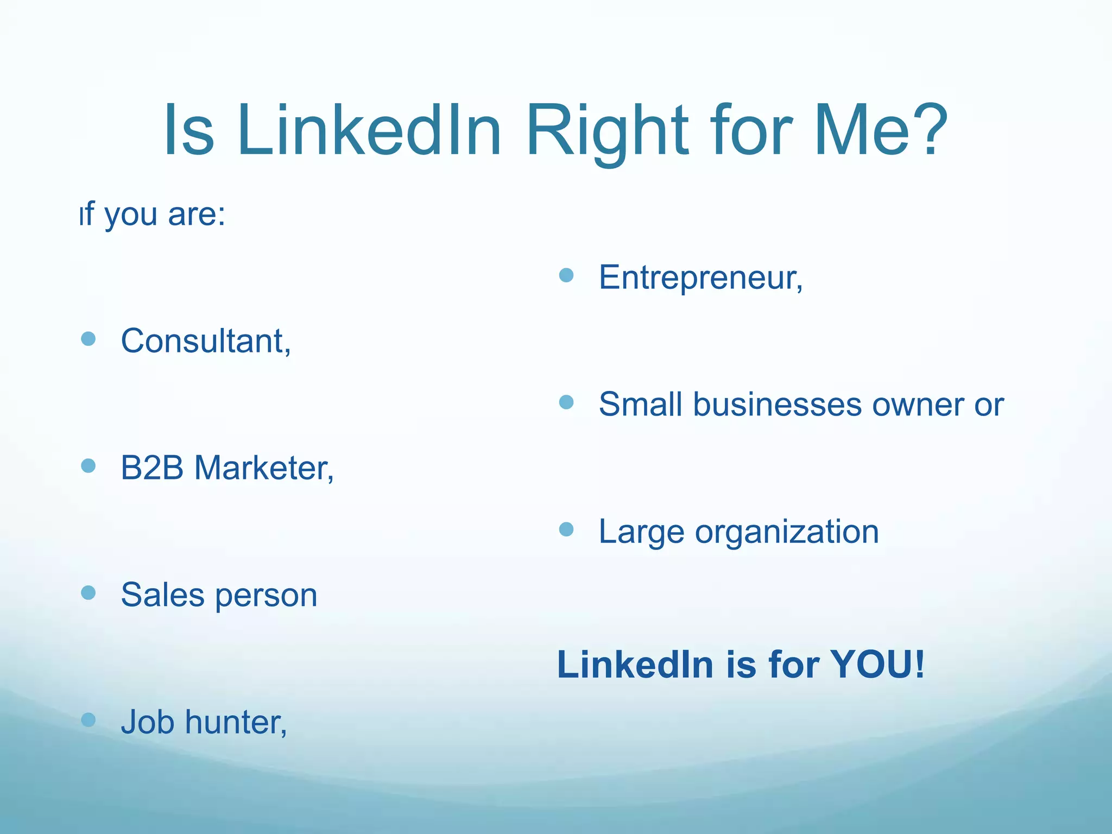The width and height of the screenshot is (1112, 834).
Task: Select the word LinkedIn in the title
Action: (x=369, y=131)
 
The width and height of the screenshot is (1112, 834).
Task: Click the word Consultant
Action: (x=205, y=341)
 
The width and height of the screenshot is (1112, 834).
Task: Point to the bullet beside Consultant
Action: (x=88, y=339)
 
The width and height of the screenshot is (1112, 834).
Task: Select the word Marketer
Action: (x=264, y=467)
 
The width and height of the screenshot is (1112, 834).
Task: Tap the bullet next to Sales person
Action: (x=88, y=592)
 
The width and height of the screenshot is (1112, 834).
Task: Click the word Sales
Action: (x=162, y=595)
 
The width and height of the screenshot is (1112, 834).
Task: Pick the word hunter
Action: (x=236, y=722)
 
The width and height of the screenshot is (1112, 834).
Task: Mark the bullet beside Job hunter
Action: (x=88, y=720)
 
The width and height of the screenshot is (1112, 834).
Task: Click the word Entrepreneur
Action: (x=700, y=277)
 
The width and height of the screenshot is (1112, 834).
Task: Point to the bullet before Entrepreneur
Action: (x=566, y=275)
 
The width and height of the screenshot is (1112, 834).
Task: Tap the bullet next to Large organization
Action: (x=566, y=529)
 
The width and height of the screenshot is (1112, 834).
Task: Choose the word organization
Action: (x=787, y=532)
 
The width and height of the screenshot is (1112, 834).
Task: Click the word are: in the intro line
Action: (x=197, y=214)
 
